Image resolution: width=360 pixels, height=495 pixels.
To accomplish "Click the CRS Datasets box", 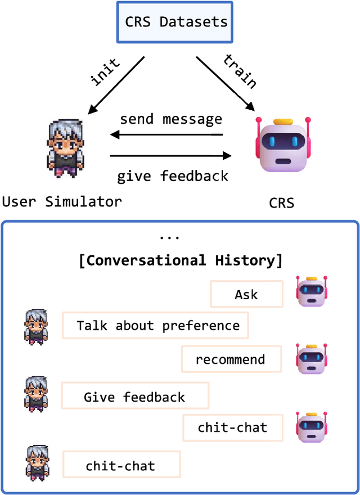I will pyautogui.click(x=173, y=22).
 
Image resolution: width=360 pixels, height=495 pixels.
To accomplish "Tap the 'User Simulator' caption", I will pyautogui.click(x=61, y=201).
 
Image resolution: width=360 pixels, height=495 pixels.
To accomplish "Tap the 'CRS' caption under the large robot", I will pyautogui.click(x=281, y=202).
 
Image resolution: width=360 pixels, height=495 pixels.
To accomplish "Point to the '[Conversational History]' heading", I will pyautogui.click(x=180, y=260).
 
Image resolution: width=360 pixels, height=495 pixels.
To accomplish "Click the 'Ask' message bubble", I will pyautogui.click(x=246, y=294).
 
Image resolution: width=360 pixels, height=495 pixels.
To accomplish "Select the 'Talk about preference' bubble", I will pyautogui.click(x=156, y=326).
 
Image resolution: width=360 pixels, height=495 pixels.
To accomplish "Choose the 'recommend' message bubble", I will pyautogui.click(x=231, y=359).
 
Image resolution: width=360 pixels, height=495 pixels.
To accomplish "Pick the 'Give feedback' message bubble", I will pyautogui.click(x=134, y=396).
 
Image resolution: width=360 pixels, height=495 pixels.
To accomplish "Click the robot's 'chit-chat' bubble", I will pyautogui.click(x=232, y=427).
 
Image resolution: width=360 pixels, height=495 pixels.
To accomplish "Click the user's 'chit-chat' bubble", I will pyautogui.click(x=120, y=466).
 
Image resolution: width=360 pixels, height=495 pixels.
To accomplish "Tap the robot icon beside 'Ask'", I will pyautogui.click(x=312, y=291).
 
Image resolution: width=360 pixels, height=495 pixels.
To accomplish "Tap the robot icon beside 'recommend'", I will pyautogui.click(x=312, y=359).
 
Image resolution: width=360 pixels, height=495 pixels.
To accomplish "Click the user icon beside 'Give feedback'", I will pyautogui.click(x=36, y=394).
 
